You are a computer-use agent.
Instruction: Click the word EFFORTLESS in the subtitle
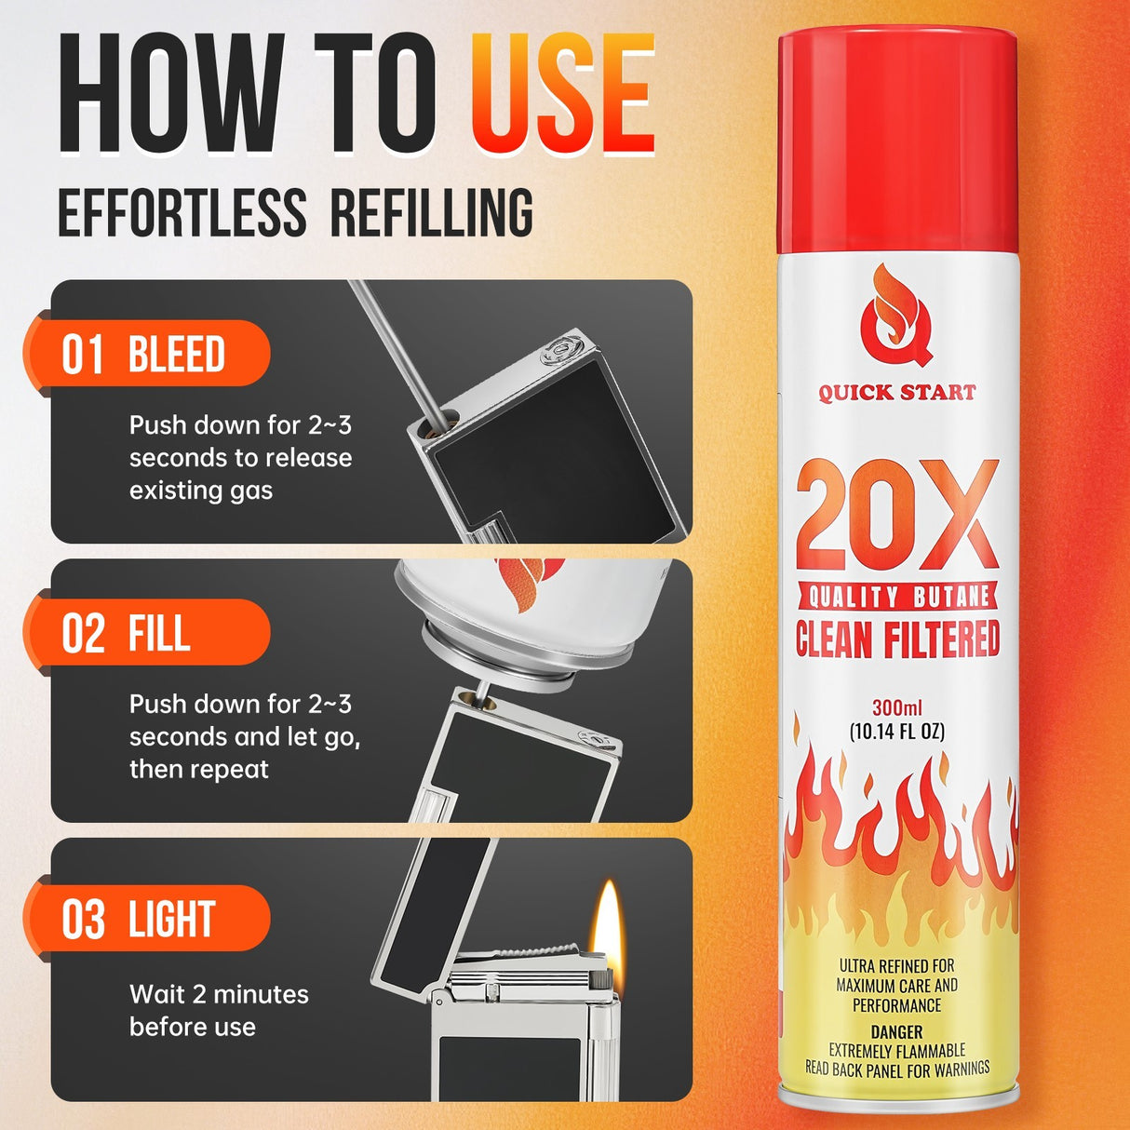pos(182,212)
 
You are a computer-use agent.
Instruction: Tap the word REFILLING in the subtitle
pos(432,212)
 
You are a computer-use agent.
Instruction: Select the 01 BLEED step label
pos(145,355)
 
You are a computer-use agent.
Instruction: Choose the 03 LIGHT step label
pos(140,920)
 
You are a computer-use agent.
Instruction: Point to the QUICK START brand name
pos(897,392)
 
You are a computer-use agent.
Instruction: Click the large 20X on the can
pos(897,516)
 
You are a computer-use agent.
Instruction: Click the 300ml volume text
pos(896,708)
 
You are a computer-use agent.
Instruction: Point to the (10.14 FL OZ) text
pos(897,732)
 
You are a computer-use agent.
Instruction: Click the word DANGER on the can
pos(896,1031)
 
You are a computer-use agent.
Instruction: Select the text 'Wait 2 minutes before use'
pos(219,1011)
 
